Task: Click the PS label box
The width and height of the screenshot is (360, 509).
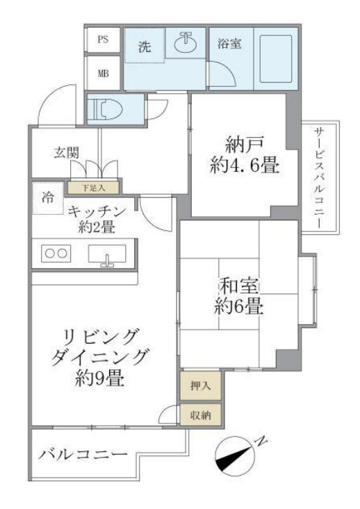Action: (103, 40)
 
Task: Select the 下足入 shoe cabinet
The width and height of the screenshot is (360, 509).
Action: (94, 187)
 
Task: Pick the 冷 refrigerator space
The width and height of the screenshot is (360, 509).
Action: (47, 200)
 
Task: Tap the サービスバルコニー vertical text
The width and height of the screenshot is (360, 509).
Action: (319, 177)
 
